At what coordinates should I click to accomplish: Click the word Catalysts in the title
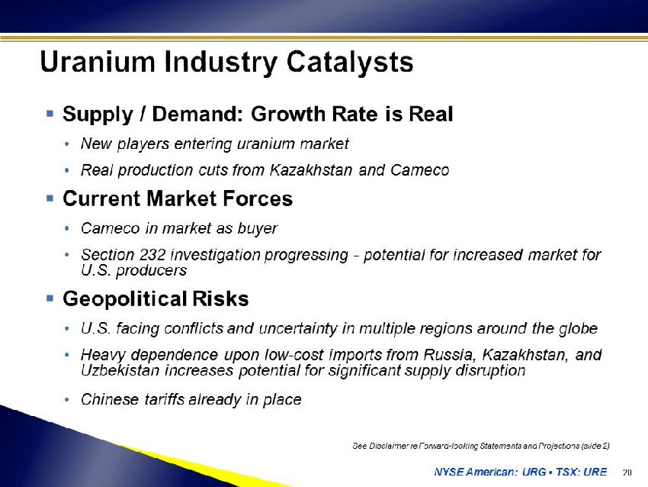[x=350, y=62]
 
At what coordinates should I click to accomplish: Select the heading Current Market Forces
[x=178, y=198]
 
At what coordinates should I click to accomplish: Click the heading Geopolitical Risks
[x=156, y=298]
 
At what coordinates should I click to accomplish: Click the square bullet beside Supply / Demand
[x=50, y=114]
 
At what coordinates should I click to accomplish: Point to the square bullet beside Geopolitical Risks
[x=50, y=298]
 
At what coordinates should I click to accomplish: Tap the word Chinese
[x=110, y=399]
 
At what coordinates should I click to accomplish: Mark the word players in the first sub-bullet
[x=143, y=144]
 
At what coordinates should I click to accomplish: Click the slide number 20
[x=627, y=472]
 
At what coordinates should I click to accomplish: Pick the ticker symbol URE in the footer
[x=595, y=472]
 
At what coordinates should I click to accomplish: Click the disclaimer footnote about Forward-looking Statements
[x=481, y=446]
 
